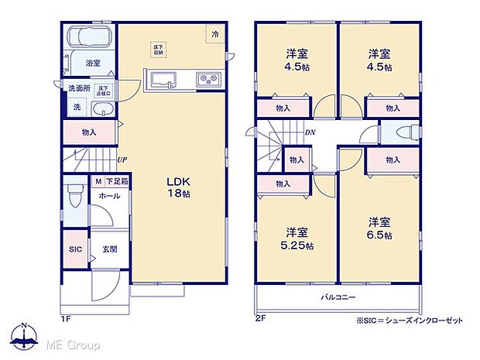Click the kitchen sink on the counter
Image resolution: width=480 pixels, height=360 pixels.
point(164,79)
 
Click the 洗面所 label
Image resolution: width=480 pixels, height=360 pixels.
point(78,88)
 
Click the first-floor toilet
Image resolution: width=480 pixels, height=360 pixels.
point(76,197)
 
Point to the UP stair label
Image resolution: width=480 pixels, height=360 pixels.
point(122,160)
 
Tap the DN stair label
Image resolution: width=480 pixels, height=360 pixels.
point(309,133)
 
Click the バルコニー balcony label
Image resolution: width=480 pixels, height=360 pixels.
point(338,297)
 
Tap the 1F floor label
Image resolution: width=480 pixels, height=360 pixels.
point(68,317)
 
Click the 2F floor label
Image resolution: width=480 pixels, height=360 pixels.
point(261,317)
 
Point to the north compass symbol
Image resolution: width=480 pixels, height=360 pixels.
point(25,334)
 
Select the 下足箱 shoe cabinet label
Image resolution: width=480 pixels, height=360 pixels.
point(118,181)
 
